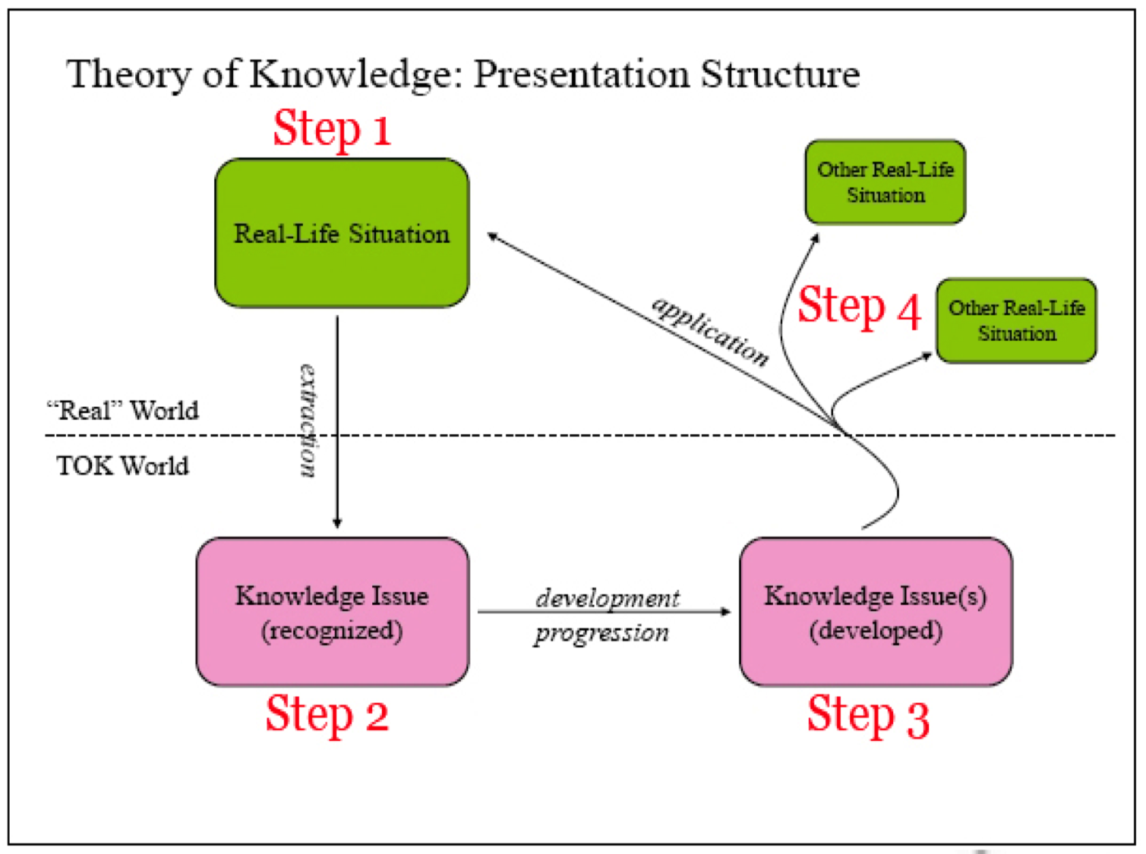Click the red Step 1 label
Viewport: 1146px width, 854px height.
click(x=332, y=129)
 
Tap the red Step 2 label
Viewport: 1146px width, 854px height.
click(x=327, y=715)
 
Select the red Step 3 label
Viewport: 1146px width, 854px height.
click(x=868, y=717)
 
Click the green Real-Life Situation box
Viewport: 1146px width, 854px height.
click(x=342, y=233)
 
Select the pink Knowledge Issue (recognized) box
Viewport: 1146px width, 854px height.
click(x=333, y=612)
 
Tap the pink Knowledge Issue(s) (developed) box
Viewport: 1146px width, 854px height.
click(x=876, y=612)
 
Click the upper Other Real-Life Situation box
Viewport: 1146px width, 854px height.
click(x=886, y=182)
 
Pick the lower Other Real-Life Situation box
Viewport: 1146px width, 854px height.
click(x=1017, y=320)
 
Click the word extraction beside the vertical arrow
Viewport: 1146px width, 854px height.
click(x=308, y=421)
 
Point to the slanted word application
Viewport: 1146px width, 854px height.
click(x=711, y=332)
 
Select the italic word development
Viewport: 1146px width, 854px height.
click(x=608, y=598)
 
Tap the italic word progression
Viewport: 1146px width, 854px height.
click(x=601, y=634)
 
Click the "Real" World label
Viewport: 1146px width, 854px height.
click(x=123, y=411)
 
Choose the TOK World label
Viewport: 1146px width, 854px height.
click(x=123, y=466)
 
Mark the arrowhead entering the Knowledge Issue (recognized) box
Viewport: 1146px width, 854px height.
click(x=337, y=523)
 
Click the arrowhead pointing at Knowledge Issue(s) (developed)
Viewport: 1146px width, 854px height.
click(x=725, y=611)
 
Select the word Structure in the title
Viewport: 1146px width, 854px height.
click(x=780, y=74)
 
